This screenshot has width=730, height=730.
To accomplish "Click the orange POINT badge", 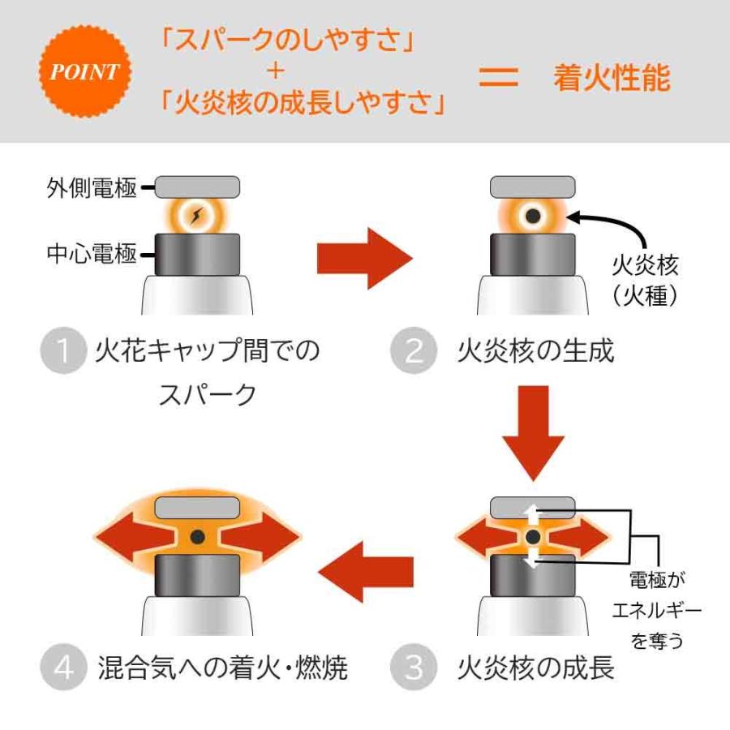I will [x=84, y=71].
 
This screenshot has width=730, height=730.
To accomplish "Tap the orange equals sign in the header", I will [x=498, y=78].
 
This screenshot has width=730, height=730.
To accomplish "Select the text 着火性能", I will [x=612, y=78].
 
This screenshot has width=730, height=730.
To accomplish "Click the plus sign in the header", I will [x=276, y=71].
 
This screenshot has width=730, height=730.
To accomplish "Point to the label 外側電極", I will [x=91, y=188].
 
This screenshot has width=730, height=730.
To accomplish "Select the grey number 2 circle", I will [x=413, y=351].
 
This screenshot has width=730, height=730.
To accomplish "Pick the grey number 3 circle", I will [x=413, y=668].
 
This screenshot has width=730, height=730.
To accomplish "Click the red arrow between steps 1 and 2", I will [x=364, y=258].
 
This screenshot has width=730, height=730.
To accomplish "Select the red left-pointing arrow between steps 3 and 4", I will [x=365, y=573].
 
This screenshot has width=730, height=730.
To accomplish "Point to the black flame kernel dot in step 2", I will [x=533, y=216].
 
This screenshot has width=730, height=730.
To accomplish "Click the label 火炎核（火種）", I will [x=645, y=280].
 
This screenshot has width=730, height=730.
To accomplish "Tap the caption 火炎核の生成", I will [x=535, y=351].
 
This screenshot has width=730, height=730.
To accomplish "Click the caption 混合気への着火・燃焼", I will [x=221, y=668].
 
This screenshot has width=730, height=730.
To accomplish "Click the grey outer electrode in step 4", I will [x=198, y=509].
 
